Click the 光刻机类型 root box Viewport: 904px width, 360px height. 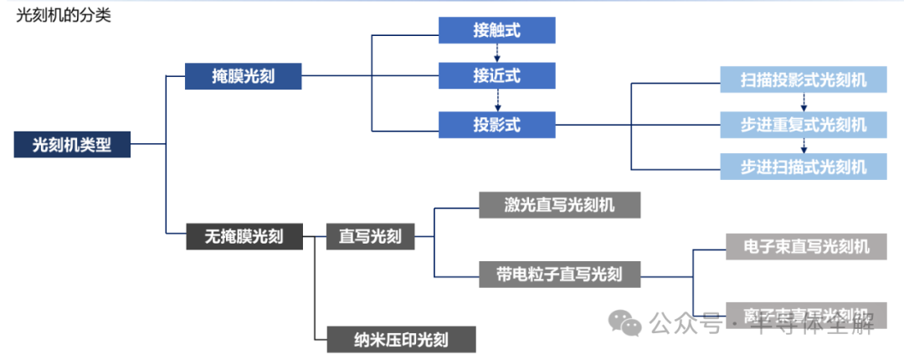click(x=73, y=145)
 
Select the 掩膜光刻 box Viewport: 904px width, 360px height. click(x=243, y=77)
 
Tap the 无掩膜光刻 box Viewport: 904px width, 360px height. click(x=244, y=237)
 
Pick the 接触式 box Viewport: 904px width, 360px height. click(x=496, y=31)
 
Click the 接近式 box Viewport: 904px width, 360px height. click(x=496, y=76)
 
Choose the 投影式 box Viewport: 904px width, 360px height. click(x=496, y=126)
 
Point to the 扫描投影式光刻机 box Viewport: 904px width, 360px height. click(x=803, y=81)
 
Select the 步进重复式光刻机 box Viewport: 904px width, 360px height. click(x=803, y=126)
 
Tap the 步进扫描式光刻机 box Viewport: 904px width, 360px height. click(x=803, y=166)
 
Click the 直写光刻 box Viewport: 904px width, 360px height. click(x=370, y=237)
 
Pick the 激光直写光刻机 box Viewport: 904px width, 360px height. click(x=559, y=205)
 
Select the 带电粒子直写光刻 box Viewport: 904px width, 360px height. click(x=559, y=274)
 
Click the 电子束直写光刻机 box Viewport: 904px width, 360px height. click(x=806, y=247)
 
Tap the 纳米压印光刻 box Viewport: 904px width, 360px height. click(x=400, y=340)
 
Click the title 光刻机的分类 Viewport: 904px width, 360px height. click(x=64, y=16)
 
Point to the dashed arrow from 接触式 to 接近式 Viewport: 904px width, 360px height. click(x=496, y=53)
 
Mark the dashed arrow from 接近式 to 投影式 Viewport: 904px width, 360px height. click(x=496, y=100)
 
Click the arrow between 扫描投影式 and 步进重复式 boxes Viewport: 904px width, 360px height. click(x=803, y=103)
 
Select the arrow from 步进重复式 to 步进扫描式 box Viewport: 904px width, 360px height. click(x=803, y=146)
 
